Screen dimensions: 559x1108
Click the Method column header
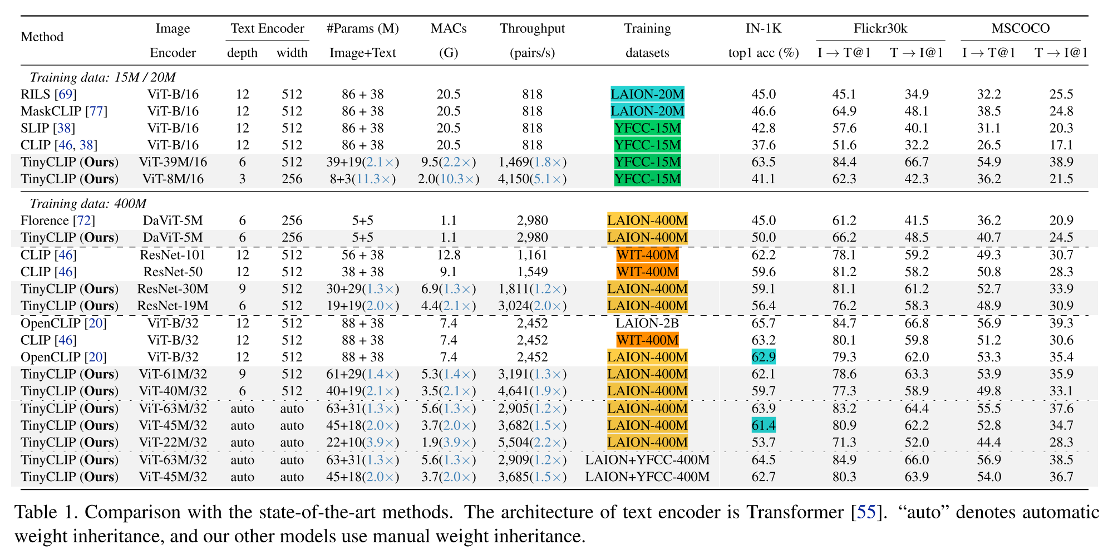tap(42, 37)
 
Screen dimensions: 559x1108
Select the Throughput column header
tap(532, 28)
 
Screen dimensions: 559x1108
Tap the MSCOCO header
tap(1020, 28)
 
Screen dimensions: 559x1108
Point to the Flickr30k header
tap(880, 28)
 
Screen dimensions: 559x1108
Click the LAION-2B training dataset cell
tap(647, 323)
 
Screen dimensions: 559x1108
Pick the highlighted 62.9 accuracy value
tap(763, 357)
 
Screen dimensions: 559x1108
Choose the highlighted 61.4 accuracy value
tap(763, 425)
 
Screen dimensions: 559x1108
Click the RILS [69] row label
tap(48, 94)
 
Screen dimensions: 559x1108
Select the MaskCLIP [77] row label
tap(63, 111)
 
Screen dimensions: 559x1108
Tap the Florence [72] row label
tap(57, 220)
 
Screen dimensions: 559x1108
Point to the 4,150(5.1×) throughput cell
tap(532, 179)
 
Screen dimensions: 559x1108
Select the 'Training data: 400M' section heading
tap(88, 204)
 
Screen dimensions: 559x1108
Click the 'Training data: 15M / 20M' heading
tap(102, 77)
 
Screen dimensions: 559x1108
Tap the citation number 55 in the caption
tap(866, 512)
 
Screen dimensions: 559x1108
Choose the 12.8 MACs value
tap(448, 255)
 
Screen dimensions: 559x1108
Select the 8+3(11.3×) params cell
tap(362, 179)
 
